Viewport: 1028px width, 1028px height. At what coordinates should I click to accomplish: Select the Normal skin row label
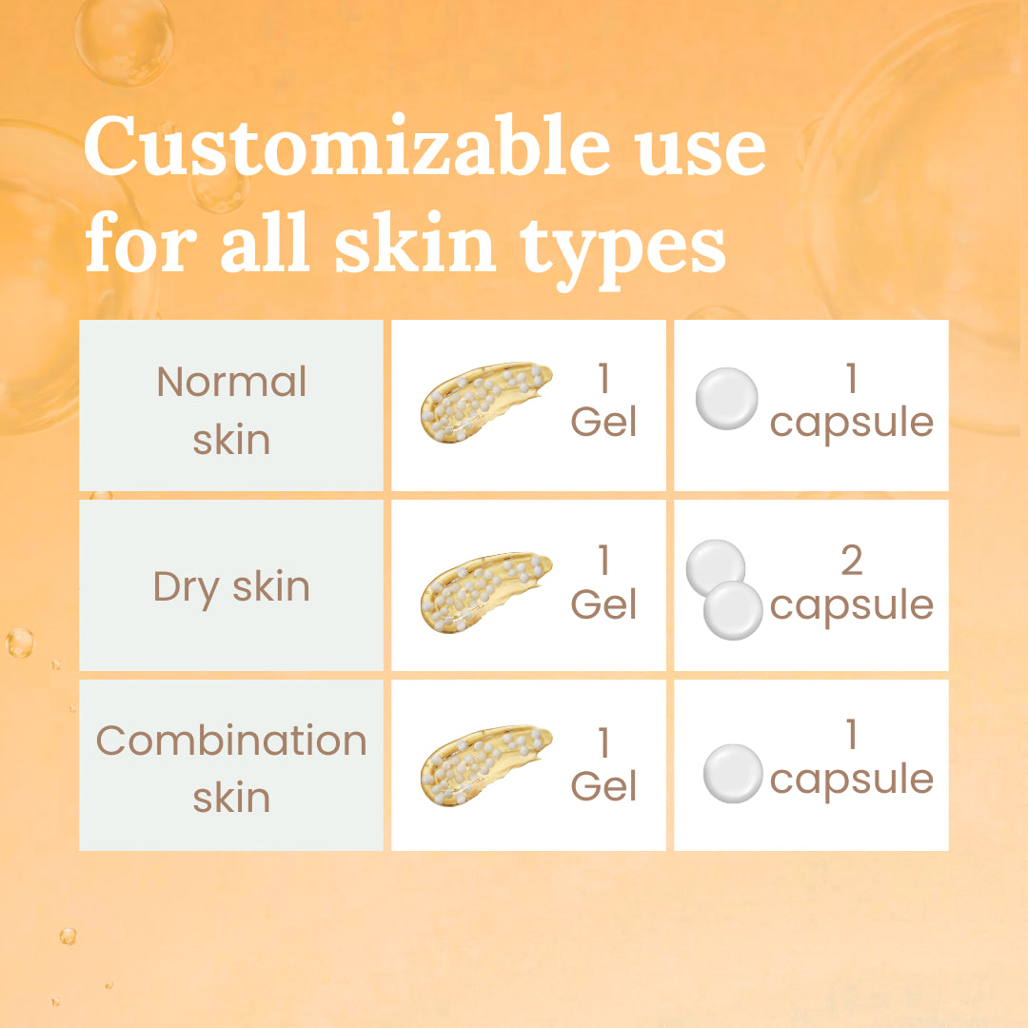coord(231,410)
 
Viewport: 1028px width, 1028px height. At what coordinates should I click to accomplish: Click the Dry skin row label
coord(231,586)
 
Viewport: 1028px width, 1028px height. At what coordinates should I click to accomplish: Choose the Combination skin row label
coord(231,768)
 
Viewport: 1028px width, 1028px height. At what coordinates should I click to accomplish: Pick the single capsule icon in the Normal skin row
coord(727,398)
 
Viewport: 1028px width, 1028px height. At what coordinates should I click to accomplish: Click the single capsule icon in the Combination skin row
coord(733,773)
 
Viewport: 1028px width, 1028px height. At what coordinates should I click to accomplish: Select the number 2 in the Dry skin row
coord(851,562)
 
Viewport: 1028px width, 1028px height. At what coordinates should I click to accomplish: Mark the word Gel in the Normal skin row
coord(603,421)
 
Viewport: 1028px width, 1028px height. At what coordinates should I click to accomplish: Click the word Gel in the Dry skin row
coord(603,603)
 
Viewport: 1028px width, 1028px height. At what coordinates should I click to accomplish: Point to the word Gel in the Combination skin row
coord(603,786)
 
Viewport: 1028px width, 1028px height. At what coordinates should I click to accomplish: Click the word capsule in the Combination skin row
coord(851,780)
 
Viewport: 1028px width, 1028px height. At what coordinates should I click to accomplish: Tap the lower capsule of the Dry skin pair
coord(733,609)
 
